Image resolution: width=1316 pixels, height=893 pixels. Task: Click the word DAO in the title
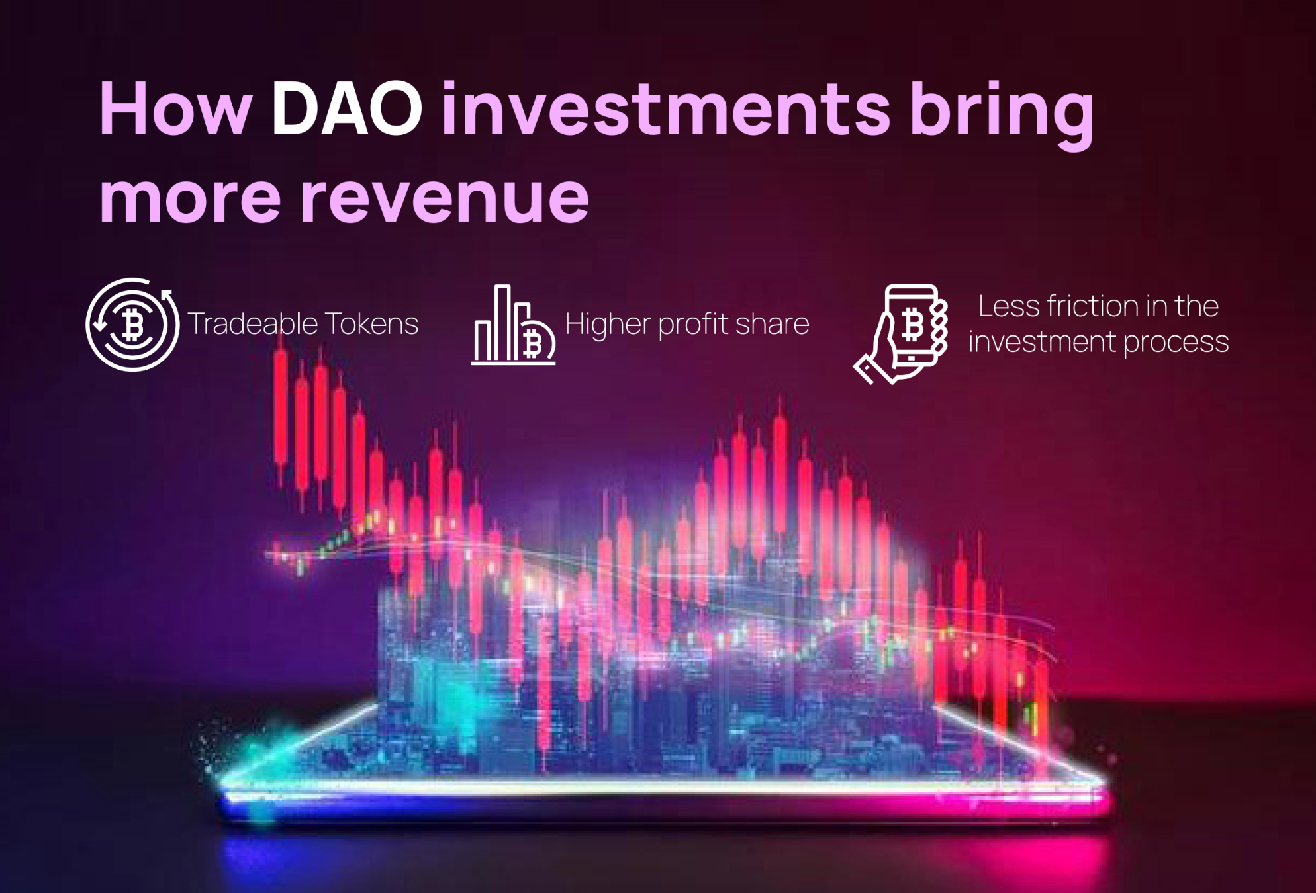pyautogui.click(x=346, y=109)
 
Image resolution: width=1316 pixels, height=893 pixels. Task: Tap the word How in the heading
pyautogui.click(x=175, y=109)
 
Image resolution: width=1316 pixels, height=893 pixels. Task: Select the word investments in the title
pyautogui.click(x=665, y=109)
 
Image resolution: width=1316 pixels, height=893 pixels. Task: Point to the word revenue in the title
pyautogui.click(x=444, y=197)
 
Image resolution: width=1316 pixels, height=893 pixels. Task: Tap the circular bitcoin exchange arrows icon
pyautogui.click(x=132, y=324)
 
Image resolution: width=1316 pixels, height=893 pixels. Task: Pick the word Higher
pyautogui.click(x=608, y=324)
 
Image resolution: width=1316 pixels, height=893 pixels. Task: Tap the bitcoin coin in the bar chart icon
pyautogui.click(x=534, y=343)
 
